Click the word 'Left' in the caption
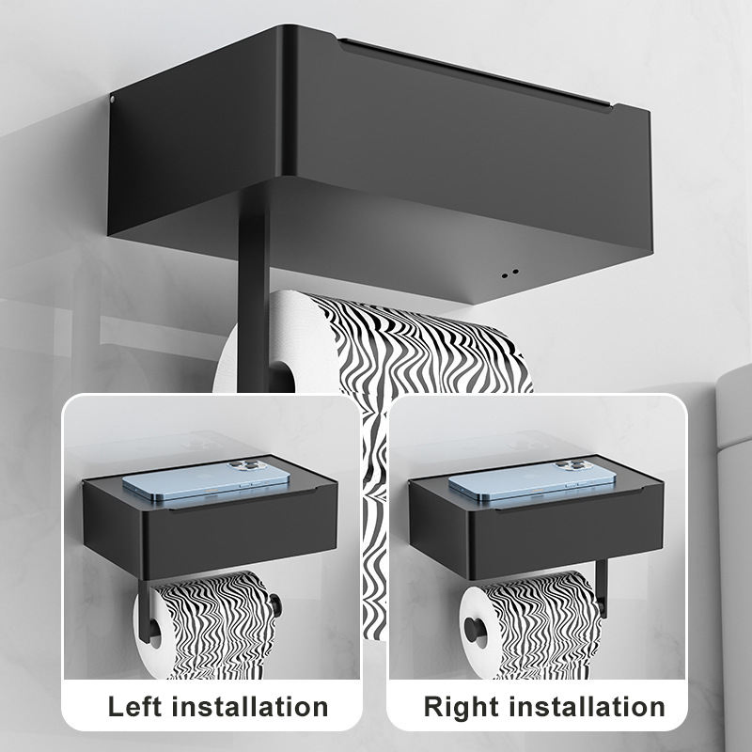pyautogui.click(x=135, y=707)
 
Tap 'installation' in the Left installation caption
pyautogui.click(x=250, y=707)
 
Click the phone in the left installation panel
pyautogui.click(x=206, y=480)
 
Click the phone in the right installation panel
pyautogui.click(x=532, y=480)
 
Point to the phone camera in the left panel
pyautogui.click(x=244, y=465)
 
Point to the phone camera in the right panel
pyautogui.click(x=571, y=465)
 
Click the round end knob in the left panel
pyautogui.click(x=275, y=605)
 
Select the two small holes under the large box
pyautogui.click(x=509, y=274)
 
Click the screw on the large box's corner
pyautogui.click(x=113, y=100)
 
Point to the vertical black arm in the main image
pyautogui.click(x=253, y=288)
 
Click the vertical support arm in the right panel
pyautogui.click(x=602, y=587)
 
